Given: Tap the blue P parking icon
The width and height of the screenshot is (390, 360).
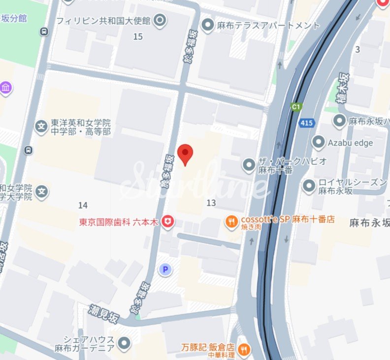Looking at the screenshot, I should (x=165, y=269).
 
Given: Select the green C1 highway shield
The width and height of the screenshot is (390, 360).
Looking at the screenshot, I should (x=296, y=106).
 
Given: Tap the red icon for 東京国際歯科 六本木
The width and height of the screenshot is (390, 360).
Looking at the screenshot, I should (x=168, y=222).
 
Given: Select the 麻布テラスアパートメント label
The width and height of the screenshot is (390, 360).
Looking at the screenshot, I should (x=268, y=25).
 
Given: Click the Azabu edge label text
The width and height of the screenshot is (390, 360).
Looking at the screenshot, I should (x=350, y=143).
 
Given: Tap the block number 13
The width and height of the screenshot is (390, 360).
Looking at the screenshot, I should (x=211, y=203).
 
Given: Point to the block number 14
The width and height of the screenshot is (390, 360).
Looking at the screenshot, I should (x=83, y=205).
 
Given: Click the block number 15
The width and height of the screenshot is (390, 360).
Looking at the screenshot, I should (x=138, y=36).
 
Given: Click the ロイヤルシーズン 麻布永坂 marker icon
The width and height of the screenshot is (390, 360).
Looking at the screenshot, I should (x=309, y=186).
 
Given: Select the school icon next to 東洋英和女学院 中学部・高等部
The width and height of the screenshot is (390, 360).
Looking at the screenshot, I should (x=41, y=127).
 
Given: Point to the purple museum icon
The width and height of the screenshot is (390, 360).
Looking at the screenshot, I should (x=5, y=88).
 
